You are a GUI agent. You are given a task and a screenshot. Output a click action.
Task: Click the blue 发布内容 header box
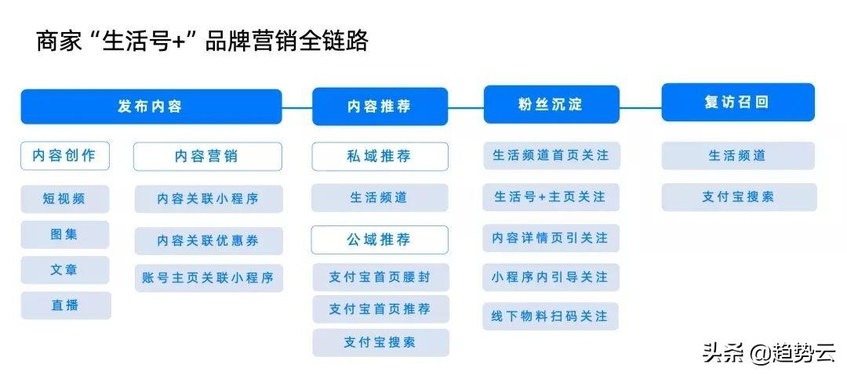pyautogui.click(x=151, y=106)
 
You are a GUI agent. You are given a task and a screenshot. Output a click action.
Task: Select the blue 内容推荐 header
pyautogui.click(x=380, y=106)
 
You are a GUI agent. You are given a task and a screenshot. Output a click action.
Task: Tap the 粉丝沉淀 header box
pyautogui.click(x=551, y=104)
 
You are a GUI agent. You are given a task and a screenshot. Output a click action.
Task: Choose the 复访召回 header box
pyautogui.click(x=738, y=102)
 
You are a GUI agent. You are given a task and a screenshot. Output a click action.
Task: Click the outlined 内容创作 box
pyautogui.click(x=65, y=156)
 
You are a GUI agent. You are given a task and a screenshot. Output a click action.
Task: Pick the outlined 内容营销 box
pyautogui.click(x=207, y=157)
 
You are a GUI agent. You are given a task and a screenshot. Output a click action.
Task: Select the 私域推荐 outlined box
pyautogui.click(x=380, y=157)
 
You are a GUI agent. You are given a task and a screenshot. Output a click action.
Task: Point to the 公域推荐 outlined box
pyautogui.click(x=380, y=240)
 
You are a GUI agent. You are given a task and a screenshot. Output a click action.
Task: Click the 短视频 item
pyautogui.click(x=65, y=199)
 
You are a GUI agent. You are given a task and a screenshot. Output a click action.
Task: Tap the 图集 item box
pyautogui.click(x=65, y=234)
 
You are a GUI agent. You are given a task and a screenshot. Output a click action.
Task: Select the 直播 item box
pyautogui.click(x=66, y=305)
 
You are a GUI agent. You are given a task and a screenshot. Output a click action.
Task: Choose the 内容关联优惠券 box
pyautogui.click(x=209, y=240)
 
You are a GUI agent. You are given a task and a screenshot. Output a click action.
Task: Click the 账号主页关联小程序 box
pyautogui.click(x=209, y=278)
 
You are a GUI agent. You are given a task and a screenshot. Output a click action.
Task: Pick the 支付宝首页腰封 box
pyautogui.click(x=381, y=277)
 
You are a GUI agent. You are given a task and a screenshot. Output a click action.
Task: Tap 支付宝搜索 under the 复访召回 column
pyautogui.click(x=739, y=197)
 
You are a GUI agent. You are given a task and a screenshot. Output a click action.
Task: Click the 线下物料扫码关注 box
pyautogui.click(x=551, y=316)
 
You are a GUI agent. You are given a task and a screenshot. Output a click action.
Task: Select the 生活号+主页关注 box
pyautogui.click(x=551, y=197)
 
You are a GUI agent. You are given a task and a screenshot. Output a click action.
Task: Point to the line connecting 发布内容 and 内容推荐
pyautogui.click(x=297, y=106)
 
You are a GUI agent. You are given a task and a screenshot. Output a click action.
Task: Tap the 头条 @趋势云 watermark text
pyautogui.click(x=769, y=353)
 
